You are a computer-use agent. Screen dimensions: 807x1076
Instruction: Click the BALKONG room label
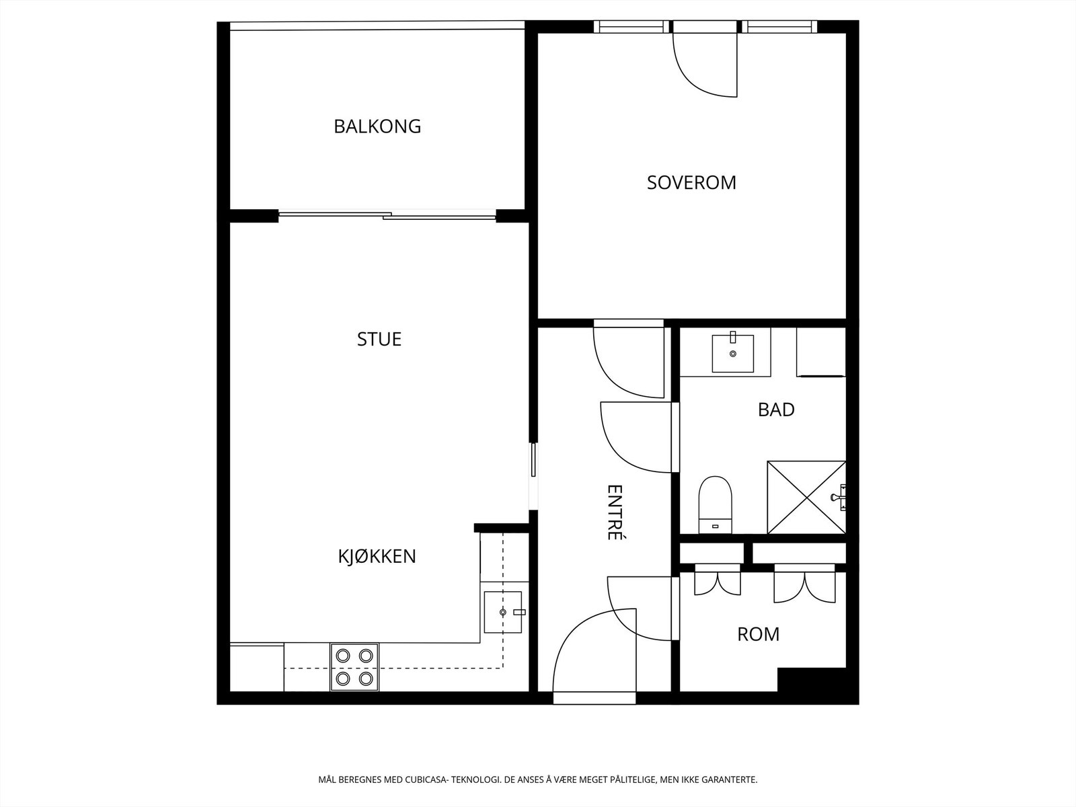coord(377,126)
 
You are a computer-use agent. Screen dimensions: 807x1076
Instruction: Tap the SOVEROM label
coord(691,182)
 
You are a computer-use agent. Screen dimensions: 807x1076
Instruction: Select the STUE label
coord(379,339)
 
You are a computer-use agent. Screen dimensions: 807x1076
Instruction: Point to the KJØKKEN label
coord(377,556)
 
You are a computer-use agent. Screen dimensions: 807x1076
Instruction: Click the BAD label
coord(776,410)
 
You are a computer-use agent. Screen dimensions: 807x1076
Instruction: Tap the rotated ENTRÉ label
coord(613,512)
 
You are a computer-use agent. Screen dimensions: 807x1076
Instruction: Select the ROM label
coord(758,634)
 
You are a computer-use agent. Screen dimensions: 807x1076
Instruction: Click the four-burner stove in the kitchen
coord(354,667)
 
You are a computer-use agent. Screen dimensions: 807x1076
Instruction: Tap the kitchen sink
coord(503,612)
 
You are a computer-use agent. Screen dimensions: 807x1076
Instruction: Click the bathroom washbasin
coord(732,353)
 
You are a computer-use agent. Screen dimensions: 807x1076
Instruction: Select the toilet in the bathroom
coord(714,504)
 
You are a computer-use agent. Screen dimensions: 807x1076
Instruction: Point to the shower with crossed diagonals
coord(806,498)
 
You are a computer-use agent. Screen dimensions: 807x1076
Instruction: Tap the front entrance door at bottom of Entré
coord(594,656)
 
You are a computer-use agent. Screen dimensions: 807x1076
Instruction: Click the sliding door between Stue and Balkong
coord(387,216)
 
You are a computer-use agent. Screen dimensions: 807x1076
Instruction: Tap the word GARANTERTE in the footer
coord(729,781)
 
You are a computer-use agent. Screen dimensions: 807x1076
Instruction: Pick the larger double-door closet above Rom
coord(804,585)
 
